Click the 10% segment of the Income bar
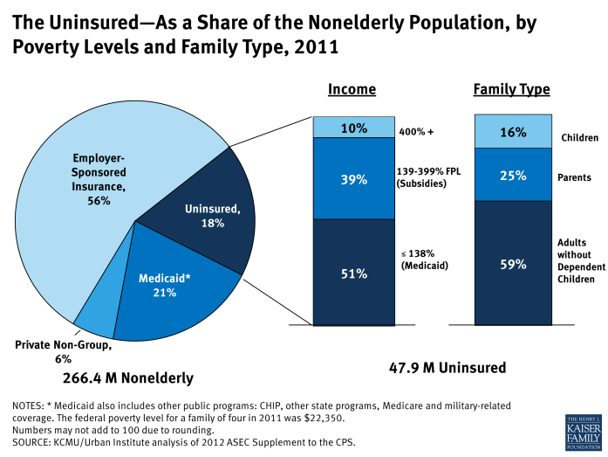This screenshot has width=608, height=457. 353,128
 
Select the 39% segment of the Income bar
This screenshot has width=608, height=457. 353,178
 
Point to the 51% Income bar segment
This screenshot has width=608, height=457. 353,272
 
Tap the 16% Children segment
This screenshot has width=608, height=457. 512,132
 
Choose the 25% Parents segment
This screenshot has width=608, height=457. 512,175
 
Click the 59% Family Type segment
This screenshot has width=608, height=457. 512,262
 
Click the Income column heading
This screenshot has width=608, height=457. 352,89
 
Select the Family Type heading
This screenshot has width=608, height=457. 511,89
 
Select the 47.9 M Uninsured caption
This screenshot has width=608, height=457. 447,368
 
